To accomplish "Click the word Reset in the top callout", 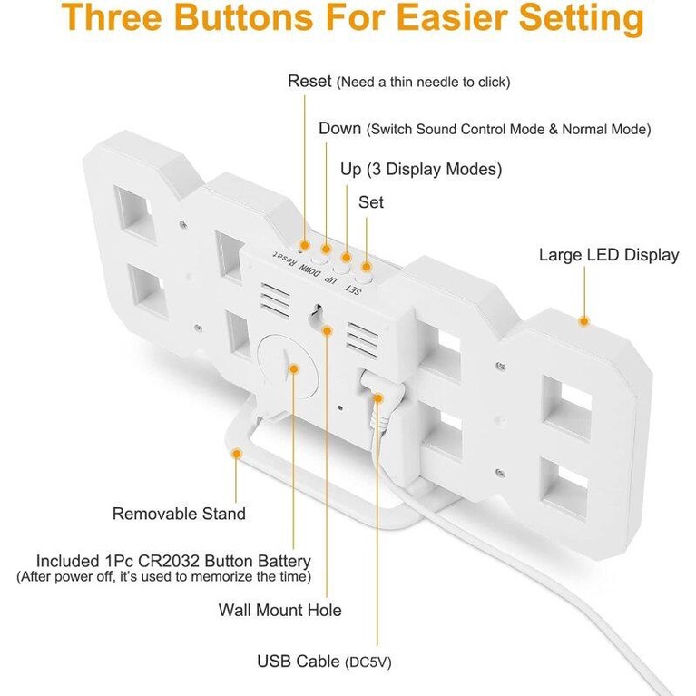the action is tap(309, 82).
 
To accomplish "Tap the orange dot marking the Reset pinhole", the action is tap(305, 245).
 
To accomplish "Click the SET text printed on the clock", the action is tap(353, 289).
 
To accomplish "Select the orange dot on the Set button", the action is tap(367, 267).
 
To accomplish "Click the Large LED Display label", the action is tap(609, 255).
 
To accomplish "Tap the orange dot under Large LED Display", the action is tap(584, 321).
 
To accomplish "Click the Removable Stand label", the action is tap(179, 514).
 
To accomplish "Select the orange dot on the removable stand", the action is tap(237, 454).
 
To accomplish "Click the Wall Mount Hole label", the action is tap(280, 610).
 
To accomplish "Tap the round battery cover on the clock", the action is tap(288, 367).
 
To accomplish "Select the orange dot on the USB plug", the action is tap(377, 398).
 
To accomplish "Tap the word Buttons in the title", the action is tap(246, 17).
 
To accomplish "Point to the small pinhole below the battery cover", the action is tap(340, 408).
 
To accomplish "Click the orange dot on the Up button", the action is tap(347, 258).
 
